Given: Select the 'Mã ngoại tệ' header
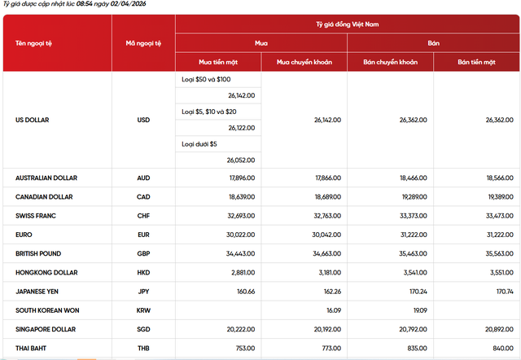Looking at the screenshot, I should pos(143,42).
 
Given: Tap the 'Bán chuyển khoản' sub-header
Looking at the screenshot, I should pos(390,61).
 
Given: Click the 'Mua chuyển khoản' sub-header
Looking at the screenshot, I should pos(304,61).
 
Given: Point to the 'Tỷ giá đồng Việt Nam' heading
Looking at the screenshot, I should pos(348,24).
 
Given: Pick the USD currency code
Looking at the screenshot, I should pos(143,120).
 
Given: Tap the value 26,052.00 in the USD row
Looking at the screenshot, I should pos(241,160).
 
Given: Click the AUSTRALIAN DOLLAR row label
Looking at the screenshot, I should pos(50,177).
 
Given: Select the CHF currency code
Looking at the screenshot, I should pos(143,216).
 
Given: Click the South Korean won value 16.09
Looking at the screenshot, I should pos(332,310).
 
